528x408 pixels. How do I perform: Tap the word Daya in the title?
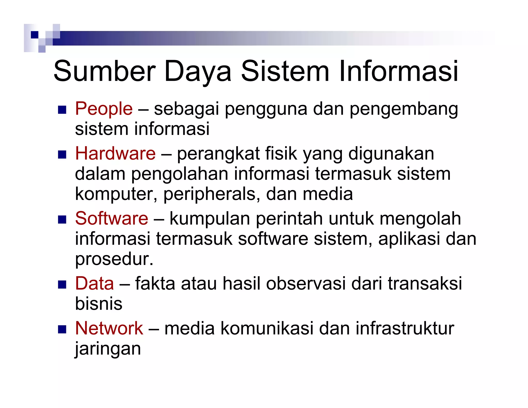[x=197, y=72]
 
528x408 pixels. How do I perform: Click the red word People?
[x=104, y=109]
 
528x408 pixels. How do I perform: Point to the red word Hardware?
[x=115, y=153]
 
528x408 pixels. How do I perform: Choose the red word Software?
[x=111, y=219]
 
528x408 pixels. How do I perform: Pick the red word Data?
[x=94, y=283]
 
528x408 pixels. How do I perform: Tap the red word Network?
[x=109, y=328]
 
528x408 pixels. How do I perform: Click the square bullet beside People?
[x=62, y=110]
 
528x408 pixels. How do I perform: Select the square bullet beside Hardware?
[x=62, y=154]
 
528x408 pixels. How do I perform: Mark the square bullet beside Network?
[x=62, y=329]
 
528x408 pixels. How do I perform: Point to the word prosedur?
[x=114, y=259]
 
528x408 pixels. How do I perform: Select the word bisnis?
[x=98, y=304]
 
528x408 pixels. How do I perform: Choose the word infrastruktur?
[x=405, y=328]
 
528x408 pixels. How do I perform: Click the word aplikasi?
[x=409, y=239]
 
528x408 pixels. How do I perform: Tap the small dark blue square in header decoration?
[x=35, y=35]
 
